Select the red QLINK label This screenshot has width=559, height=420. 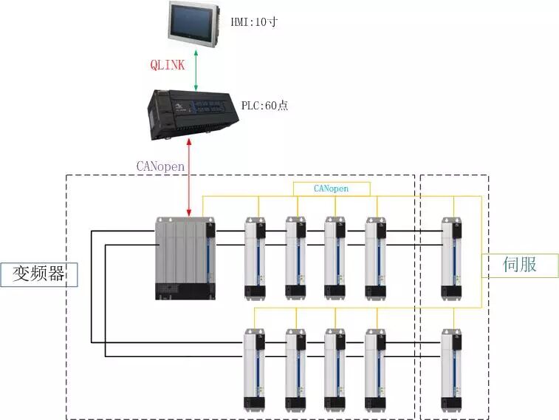(168, 64)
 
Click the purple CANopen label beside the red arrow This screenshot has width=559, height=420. (160, 166)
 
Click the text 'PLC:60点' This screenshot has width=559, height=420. (264, 106)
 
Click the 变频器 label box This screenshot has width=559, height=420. (39, 274)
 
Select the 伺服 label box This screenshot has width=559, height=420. (520, 265)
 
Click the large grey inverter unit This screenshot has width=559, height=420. (185, 258)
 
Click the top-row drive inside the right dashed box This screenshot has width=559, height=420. (451, 258)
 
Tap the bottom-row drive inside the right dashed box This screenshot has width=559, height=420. (451, 370)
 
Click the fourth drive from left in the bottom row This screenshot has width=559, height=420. (375, 370)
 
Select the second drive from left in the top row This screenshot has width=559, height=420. (295, 258)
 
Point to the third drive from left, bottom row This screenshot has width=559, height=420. (335, 370)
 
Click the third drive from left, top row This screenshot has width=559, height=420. (335, 258)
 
